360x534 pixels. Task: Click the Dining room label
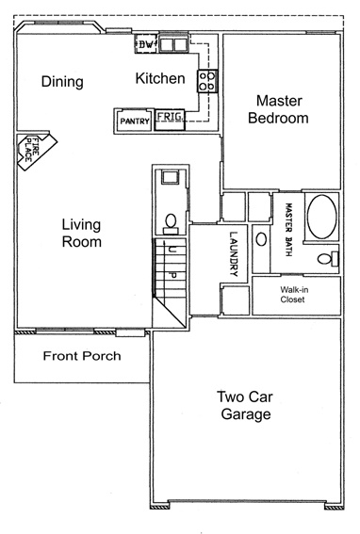pos(62,82)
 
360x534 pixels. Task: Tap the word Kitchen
pos(160,78)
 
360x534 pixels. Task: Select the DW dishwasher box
pos(147,44)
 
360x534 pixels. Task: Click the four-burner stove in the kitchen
pos(207,81)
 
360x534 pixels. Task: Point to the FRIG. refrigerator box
pos(170,120)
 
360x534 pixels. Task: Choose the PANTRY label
pos(135,121)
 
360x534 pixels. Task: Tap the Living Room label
pos(81,234)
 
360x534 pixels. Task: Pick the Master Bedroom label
pos(279,109)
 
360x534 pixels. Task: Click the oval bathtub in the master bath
pos(321,217)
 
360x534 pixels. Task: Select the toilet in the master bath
pos(328,258)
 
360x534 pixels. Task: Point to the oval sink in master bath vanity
pos(261,239)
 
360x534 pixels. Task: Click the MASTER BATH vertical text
pos(288,230)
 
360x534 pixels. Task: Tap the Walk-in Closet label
pos(294,295)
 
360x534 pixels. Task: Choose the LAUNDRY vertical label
pos(233,254)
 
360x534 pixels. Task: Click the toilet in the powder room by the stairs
pos(171,224)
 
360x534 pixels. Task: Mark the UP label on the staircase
pos(172,262)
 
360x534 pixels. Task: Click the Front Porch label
pos(82,356)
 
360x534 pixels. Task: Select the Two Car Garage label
pos(245,406)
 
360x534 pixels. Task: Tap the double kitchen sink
pos(173,44)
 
